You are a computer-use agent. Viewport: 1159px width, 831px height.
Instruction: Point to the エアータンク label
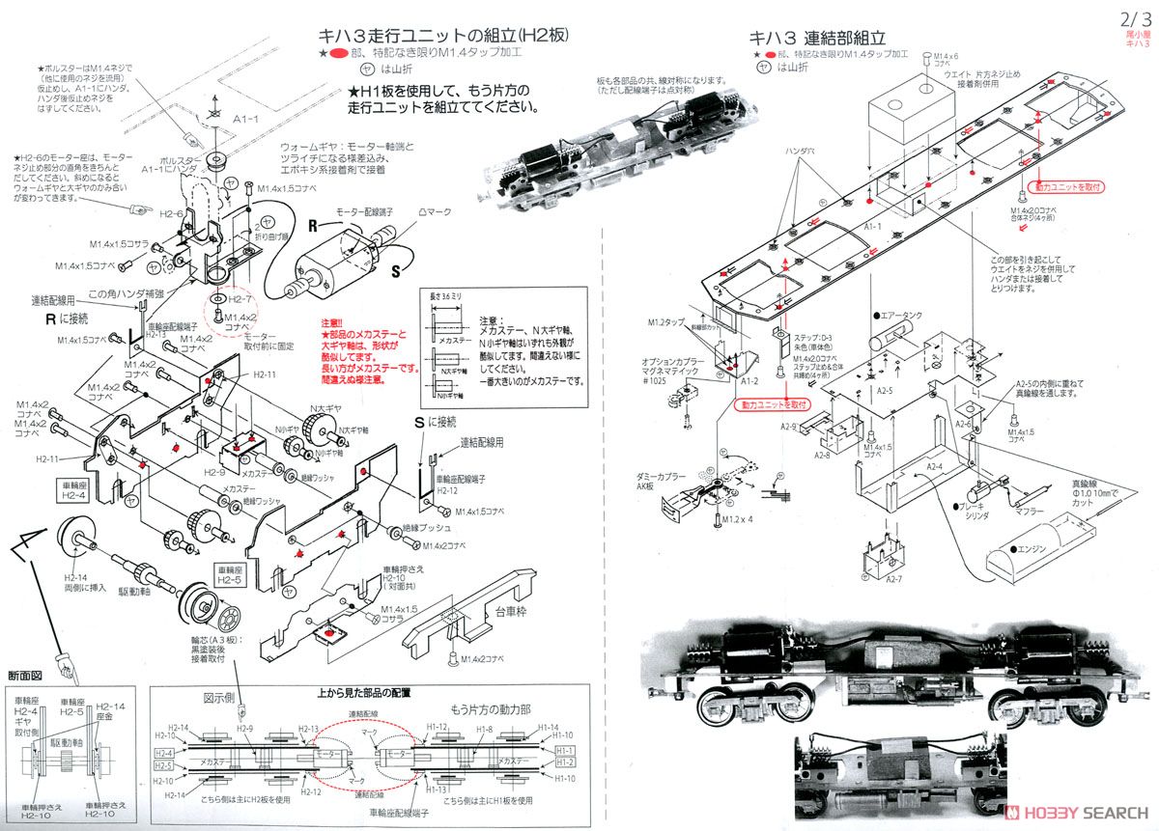pos(904,315)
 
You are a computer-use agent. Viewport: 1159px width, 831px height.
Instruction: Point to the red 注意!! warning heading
pos(334,323)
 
